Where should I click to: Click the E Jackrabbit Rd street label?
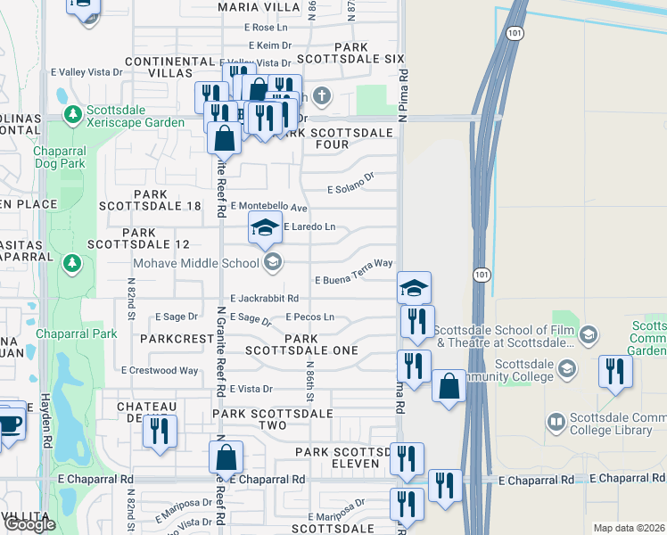point(263,298)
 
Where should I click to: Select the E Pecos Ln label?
point(310,317)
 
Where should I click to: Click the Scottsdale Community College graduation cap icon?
point(565,368)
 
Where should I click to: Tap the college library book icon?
point(556,421)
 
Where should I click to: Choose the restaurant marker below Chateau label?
point(157,432)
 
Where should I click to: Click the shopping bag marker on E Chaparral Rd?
point(226,457)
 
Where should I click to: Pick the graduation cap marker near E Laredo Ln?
point(265,228)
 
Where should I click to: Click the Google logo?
point(29,524)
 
